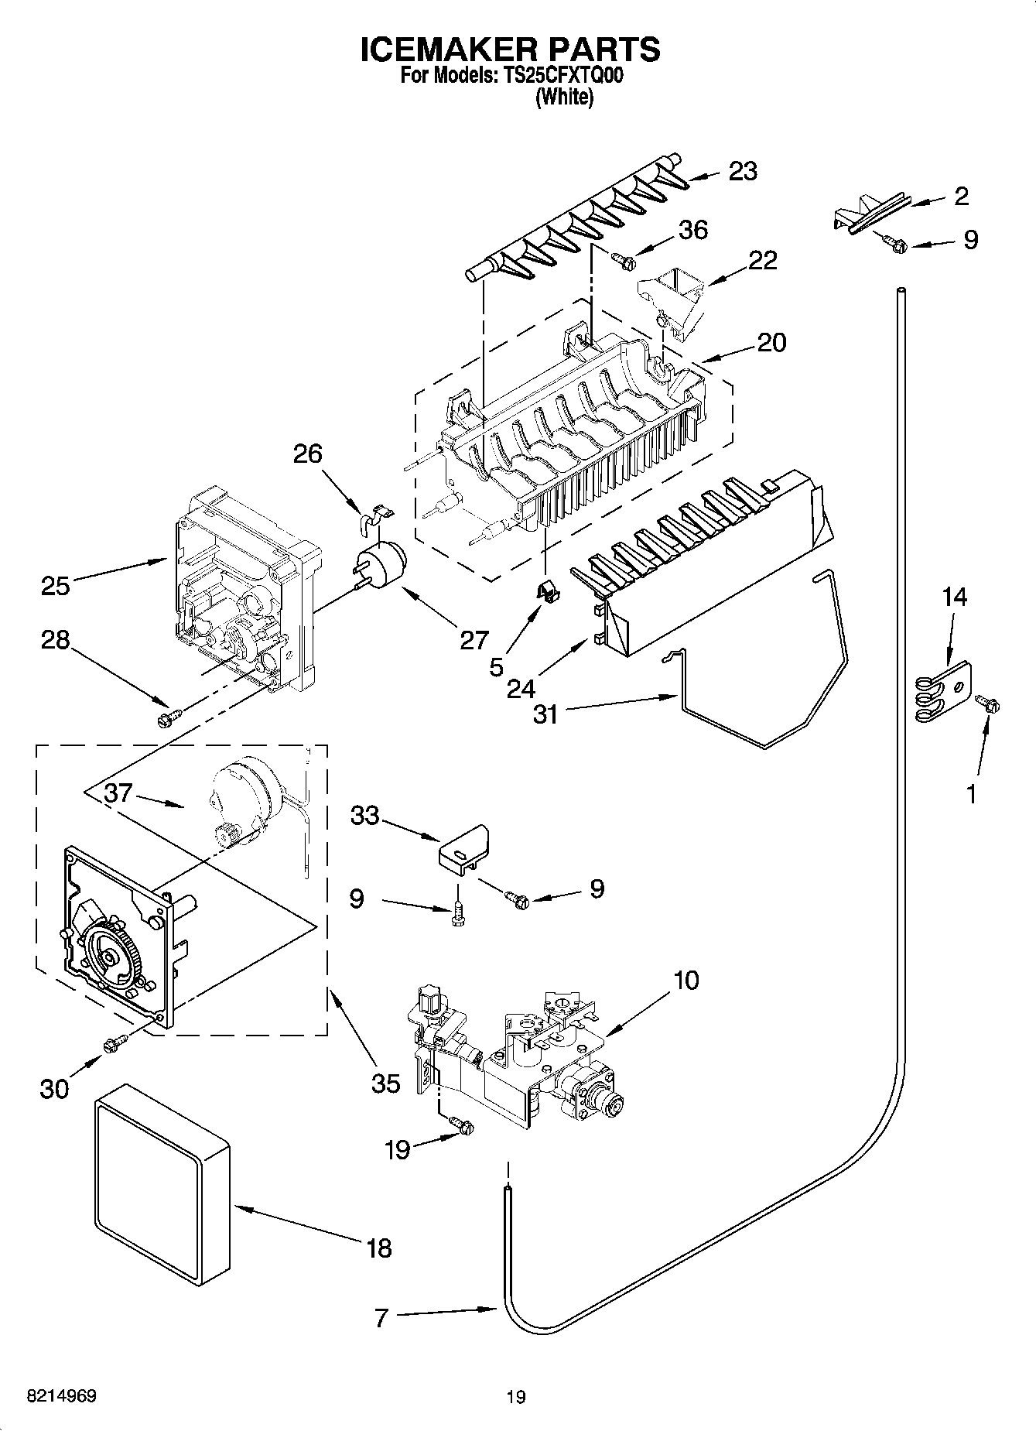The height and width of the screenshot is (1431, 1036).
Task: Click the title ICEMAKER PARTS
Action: click(511, 49)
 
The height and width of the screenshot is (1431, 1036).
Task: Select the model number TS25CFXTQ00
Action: click(559, 77)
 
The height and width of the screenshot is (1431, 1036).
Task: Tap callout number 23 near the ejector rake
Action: click(743, 171)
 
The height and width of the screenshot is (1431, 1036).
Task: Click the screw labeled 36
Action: click(624, 261)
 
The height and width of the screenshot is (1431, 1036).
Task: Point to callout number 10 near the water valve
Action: click(686, 980)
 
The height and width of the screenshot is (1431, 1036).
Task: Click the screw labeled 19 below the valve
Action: click(463, 1127)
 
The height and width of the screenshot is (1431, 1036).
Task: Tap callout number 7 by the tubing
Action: click(380, 1318)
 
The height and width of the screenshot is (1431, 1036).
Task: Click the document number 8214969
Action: click(62, 1396)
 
